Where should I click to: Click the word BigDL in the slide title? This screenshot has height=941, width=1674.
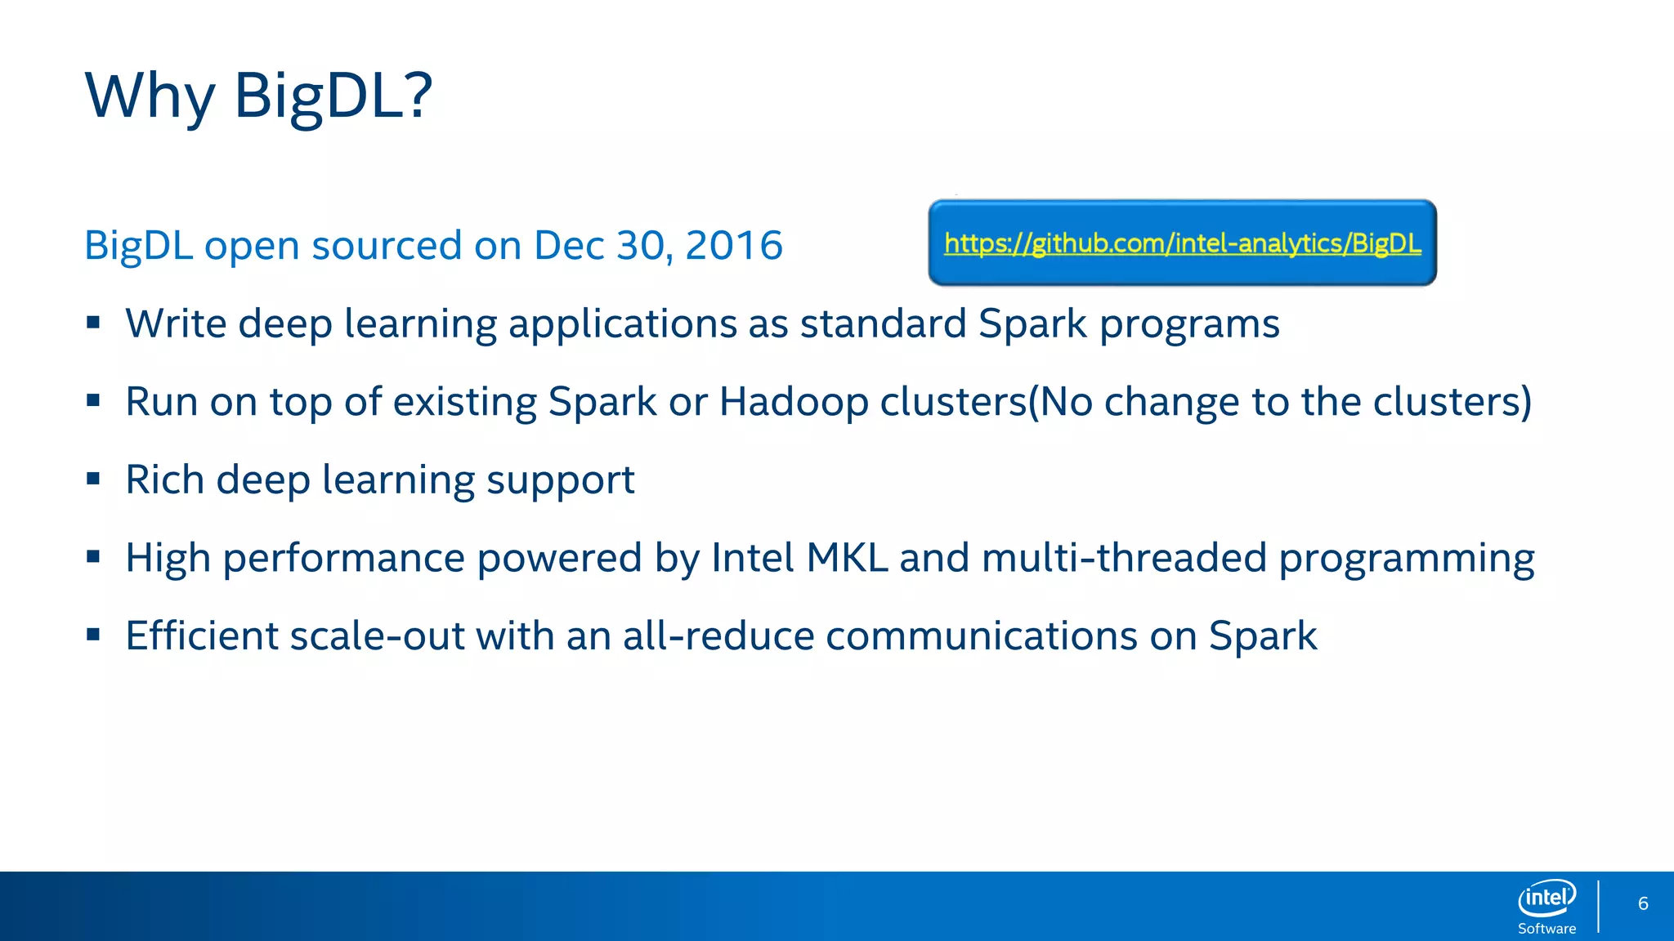332,96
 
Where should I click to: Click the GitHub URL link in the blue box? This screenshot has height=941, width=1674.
1182,243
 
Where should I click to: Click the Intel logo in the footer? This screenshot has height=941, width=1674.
1546,899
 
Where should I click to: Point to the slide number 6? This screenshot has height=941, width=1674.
1643,903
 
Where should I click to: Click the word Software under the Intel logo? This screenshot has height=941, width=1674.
1546,929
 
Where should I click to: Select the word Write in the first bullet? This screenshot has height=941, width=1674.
175,323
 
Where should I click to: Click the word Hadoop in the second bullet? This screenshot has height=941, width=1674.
793,402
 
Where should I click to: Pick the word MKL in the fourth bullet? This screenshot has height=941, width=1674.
846,558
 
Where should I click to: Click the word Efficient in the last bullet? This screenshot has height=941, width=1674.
201,636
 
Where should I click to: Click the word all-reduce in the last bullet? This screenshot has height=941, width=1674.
718,636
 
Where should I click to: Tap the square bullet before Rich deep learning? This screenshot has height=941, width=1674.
93,479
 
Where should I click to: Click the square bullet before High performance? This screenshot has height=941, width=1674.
93,557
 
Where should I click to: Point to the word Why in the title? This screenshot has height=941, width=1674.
150,96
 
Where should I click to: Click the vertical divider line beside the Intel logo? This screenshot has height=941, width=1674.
1598,906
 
